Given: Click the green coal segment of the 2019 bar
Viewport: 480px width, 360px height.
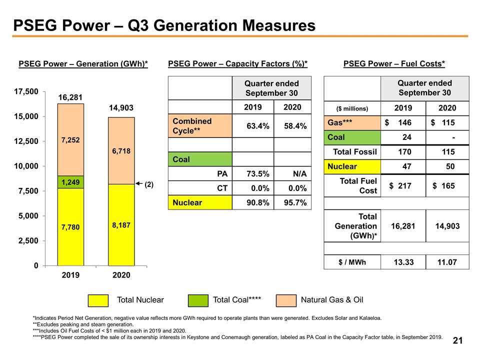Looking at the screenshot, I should pyautogui.click(x=70, y=182).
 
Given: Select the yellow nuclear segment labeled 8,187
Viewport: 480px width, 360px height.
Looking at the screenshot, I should pyautogui.click(x=121, y=225).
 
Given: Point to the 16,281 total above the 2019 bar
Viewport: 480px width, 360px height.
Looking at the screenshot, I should pyautogui.click(x=70, y=96).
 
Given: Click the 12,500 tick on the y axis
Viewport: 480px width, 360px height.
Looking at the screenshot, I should pyautogui.click(x=25, y=141).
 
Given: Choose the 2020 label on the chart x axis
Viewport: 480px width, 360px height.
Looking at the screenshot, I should pyautogui.click(x=121, y=275).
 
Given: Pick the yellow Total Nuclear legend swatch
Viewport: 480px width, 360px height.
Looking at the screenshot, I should pyautogui.click(x=98, y=300).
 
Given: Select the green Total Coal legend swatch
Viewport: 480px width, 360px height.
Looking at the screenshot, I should pyautogui.click(x=198, y=300).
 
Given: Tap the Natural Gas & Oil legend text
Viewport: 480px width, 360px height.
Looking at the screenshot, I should pyautogui.click(x=332, y=300).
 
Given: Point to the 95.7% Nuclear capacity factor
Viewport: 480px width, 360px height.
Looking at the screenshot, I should pyautogui.click(x=292, y=202).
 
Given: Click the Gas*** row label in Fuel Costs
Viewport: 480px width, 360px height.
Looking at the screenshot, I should pyautogui.click(x=339, y=122).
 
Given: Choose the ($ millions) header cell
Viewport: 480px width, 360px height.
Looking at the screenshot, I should pyautogui.click(x=352, y=108).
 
